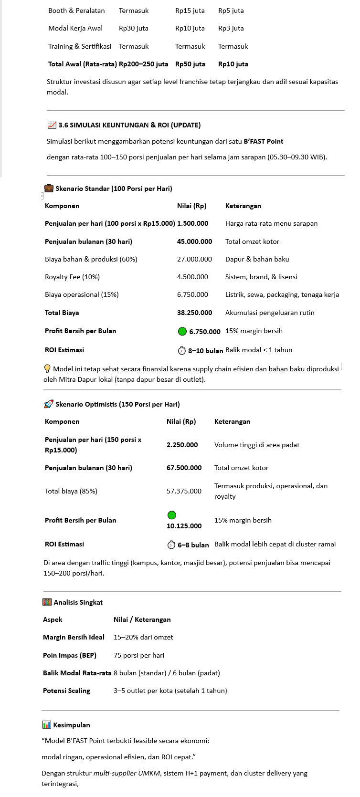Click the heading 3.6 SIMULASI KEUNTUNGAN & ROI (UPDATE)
tap(129, 125)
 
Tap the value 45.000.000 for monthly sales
tap(194, 241)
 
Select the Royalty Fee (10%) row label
tap(72, 277)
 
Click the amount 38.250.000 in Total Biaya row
tap(194, 313)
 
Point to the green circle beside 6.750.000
tap(182, 331)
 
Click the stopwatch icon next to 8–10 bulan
tap(181, 351)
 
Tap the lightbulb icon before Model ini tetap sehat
tap(47, 368)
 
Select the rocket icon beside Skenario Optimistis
tap(48, 404)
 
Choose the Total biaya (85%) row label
tap(71, 491)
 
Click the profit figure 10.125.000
tap(184, 526)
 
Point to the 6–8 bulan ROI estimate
tap(193, 545)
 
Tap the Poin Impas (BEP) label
tap(70, 655)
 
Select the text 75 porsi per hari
tap(138, 655)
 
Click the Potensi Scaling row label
tap(66, 691)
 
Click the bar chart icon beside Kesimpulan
tap(46, 725)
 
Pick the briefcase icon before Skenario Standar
tap(49, 188)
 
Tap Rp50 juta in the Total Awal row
tap(190, 64)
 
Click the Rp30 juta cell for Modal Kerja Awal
tap(133, 28)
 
